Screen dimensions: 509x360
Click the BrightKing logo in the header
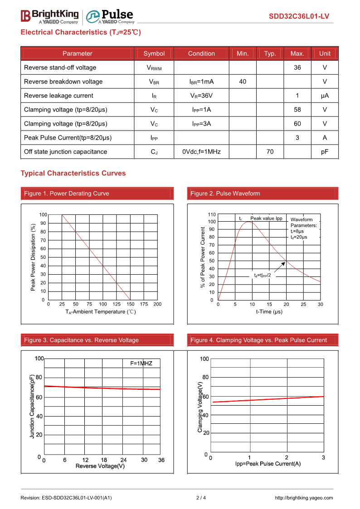tap(49, 16)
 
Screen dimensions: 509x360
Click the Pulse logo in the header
tap(110, 16)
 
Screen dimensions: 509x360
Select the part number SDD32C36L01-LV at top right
tap(299, 17)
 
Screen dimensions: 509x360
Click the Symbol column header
tap(154, 53)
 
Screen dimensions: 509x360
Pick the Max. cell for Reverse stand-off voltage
tap(297, 68)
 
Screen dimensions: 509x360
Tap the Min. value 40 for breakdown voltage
tap(243, 82)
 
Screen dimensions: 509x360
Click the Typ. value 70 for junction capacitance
tap(270, 152)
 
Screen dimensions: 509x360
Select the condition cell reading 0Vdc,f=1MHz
tap(201, 152)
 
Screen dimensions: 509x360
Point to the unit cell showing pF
tap(325, 152)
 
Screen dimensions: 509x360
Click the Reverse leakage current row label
tap(58, 96)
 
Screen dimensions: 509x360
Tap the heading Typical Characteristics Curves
tap(73, 173)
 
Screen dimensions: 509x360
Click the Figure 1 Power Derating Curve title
tap(67, 194)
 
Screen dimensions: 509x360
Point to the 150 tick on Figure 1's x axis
tap(130, 304)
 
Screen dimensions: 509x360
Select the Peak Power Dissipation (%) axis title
tap(33, 257)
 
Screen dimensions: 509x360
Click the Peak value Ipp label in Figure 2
tap(266, 218)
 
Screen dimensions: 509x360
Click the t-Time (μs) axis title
tap(269, 312)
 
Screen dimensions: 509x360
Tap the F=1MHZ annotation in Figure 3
tap(141, 364)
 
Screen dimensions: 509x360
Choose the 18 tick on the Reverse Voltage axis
tap(104, 460)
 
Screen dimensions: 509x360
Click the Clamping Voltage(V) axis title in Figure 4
tap(200, 407)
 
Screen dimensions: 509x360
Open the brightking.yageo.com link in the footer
tap(304, 498)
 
